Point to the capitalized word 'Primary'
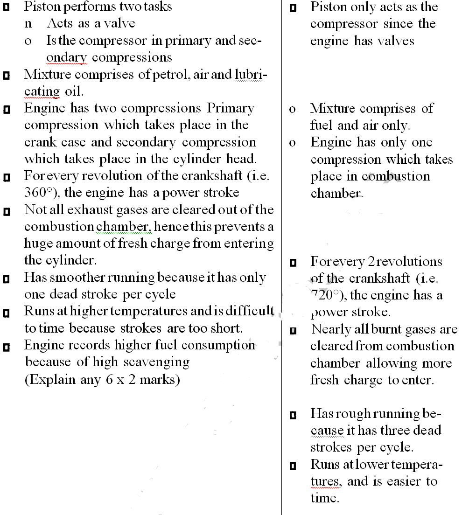(x=231, y=108)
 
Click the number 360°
(x=38, y=193)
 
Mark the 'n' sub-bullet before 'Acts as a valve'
(x=28, y=24)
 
